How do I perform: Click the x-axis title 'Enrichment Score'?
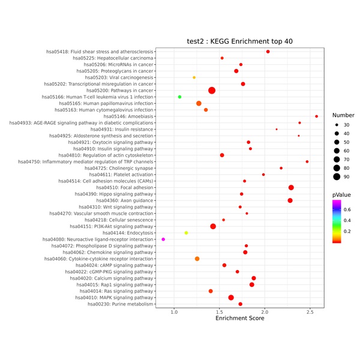(239, 318)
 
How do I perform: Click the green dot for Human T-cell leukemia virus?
(179, 97)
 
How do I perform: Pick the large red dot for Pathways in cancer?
(212, 91)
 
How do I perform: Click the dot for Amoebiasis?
(317, 116)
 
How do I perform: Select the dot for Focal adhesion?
(291, 187)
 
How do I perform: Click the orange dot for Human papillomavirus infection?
(199, 103)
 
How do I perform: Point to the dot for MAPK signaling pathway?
(231, 298)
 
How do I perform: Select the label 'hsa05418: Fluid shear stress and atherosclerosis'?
(100, 52)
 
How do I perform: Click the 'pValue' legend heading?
(342, 195)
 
